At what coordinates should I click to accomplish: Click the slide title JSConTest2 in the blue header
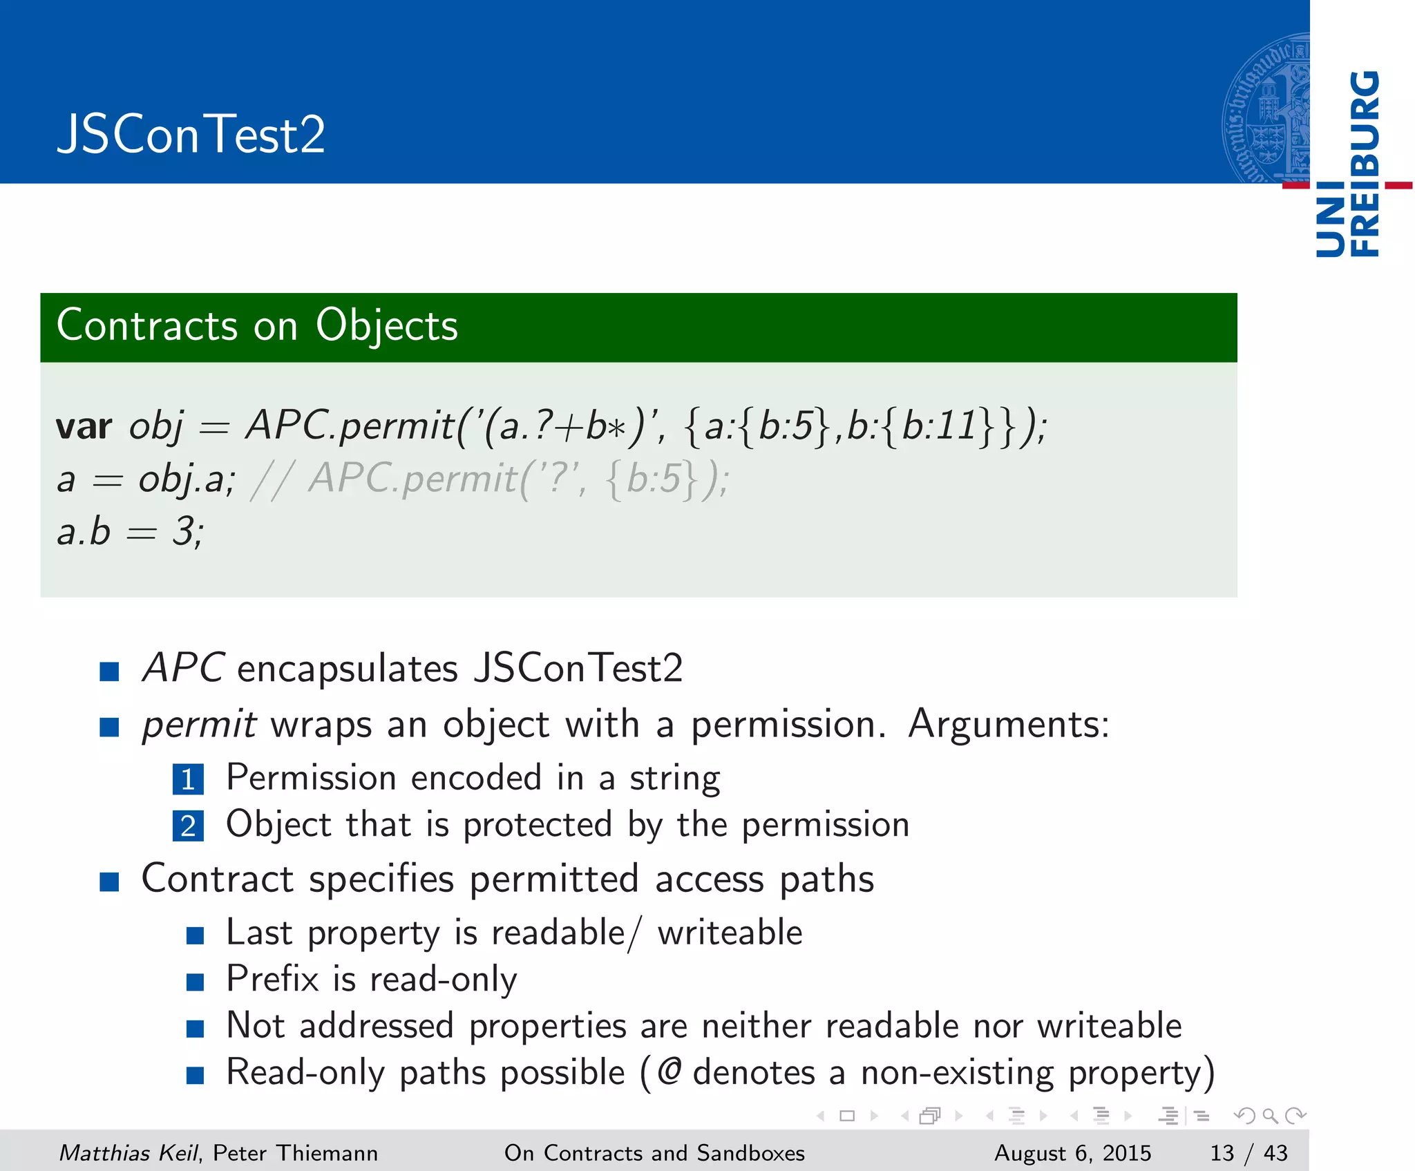tap(191, 134)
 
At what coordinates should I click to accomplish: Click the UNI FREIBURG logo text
tap(1348, 164)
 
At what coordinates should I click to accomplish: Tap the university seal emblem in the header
tap(1265, 108)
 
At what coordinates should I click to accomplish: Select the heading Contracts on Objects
tap(257, 325)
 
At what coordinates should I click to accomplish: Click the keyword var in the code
tap(84, 426)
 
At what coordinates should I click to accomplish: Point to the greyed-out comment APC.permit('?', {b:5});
tap(518, 479)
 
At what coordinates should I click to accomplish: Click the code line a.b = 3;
tap(130, 532)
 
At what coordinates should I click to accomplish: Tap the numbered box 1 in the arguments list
tap(188, 780)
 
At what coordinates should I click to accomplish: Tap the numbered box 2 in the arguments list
tap(188, 826)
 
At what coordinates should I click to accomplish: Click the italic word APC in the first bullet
tap(182, 668)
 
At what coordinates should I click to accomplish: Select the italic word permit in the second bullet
tap(199, 725)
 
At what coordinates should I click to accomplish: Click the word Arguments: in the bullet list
tap(1008, 725)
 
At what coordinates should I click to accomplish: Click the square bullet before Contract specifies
tap(109, 881)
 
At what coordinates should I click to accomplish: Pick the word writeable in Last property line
tap(730, 933)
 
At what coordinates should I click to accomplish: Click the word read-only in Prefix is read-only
tap(443, 980)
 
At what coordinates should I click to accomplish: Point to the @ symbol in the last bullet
tap(669, 1072)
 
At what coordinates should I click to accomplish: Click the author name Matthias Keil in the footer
tap(129, 1152)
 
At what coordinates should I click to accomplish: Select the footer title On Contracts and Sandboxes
tap(654, 1152)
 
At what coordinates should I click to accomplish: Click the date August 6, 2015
tap(1072, 1152)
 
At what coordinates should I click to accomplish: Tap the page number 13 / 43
tap(1248, 1152)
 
